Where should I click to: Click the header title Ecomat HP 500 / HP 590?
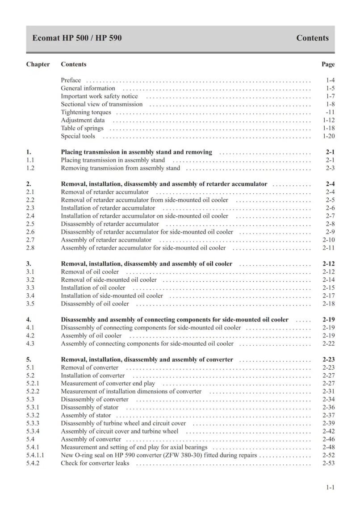click(77, 38)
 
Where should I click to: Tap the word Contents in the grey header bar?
click(312, 38)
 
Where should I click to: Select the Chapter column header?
click(38, 64)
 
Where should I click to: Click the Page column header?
click(328, 64)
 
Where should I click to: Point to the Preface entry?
click(71, 80)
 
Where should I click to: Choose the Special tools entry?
click(78, 136)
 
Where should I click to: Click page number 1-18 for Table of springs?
click(328, 128)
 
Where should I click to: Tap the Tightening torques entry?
click(86, 112)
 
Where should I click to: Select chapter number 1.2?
click(30, 168)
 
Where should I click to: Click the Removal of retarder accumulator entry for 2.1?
click(105, 192)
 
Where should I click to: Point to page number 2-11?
click(328, 248)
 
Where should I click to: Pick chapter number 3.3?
click(30, 288)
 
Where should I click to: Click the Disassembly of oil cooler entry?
click(95, 304)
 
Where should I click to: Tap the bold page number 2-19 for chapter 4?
click(328, 320)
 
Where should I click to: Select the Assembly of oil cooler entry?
click(91, 336)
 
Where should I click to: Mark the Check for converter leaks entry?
click(95, 463)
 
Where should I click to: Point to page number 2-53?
click(328, 463)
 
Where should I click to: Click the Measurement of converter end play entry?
click(108, 384)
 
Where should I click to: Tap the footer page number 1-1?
click(330, 488)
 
